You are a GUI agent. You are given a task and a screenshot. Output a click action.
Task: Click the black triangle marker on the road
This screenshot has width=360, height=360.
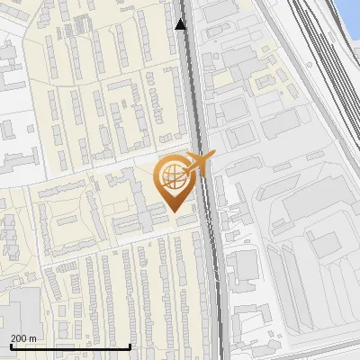pos(181,24)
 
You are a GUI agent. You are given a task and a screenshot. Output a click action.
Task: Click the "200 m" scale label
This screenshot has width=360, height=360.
pos(23,338)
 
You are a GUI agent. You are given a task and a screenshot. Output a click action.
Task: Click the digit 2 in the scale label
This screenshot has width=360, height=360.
pos(13,338)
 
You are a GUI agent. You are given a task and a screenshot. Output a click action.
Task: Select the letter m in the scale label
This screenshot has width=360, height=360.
pos(34,339)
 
